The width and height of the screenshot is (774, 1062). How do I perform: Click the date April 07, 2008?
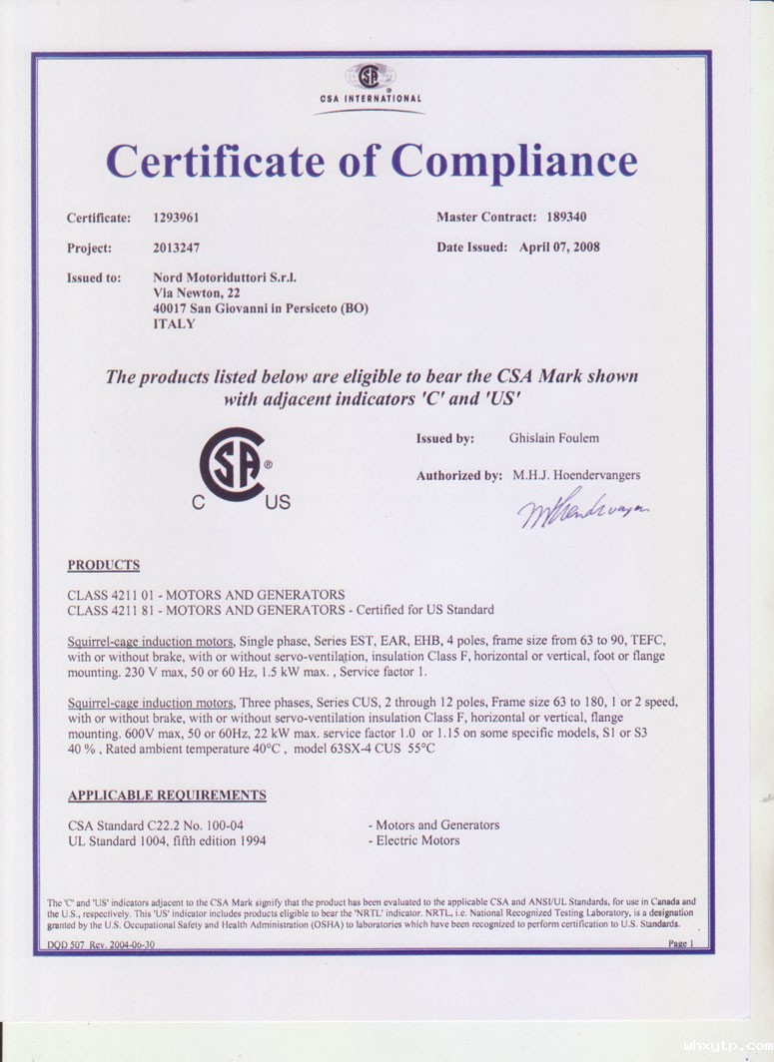coord(559,247)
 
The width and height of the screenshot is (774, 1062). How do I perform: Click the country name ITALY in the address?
coord(174,324)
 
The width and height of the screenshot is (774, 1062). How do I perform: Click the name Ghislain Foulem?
coord(554,438)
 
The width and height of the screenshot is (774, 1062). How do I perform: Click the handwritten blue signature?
coord(582,511)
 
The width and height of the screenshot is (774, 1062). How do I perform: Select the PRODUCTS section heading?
coord(104,566)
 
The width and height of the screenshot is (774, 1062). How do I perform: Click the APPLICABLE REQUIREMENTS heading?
coord(167,796)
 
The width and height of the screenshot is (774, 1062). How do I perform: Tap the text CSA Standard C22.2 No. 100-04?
coord(156,825)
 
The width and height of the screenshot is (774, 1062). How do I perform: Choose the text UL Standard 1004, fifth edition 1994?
coord(167,841)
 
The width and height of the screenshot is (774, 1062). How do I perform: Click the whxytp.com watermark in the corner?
coord(727,1046)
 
